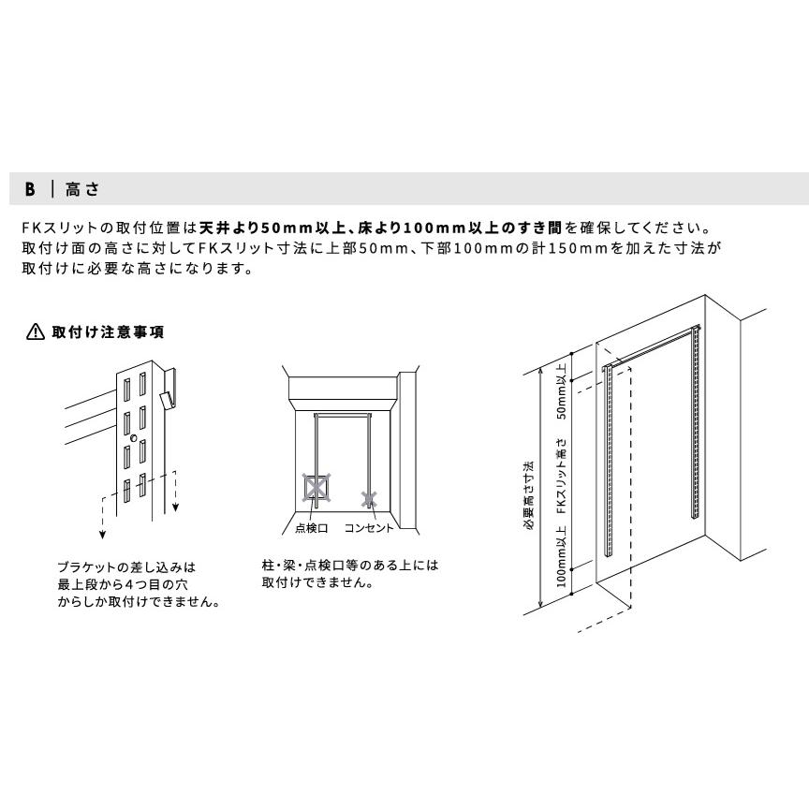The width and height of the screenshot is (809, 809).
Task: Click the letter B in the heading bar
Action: pyautogui.click(x=30, y=189)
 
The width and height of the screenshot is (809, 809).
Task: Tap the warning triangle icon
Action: pyautogui.click(x=35, y=332)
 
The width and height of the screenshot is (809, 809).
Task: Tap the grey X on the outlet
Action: pyautogui.click(x=370, y=498)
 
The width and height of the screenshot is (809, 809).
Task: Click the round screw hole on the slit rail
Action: pyautogui.click(x=134, y=438)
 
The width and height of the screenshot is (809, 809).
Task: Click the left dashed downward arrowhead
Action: pyautogui.click(x=103, y=535)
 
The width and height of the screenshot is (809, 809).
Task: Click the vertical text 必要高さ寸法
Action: pyautogui.click(x=529, y=495)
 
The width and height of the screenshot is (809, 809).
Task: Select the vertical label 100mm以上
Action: pyautogui.click(x=562, y=556)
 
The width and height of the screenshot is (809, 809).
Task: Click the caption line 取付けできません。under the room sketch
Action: pyautogui.click(x=320, y=582)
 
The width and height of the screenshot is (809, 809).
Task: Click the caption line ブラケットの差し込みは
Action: pyautogui.click(x=127, y=567)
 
